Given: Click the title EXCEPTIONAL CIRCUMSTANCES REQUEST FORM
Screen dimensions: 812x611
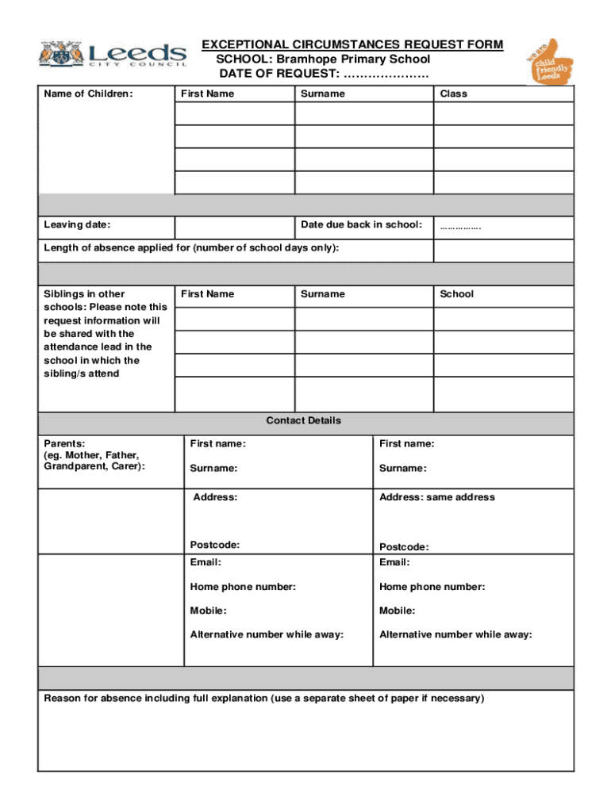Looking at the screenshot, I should tap(352, 44).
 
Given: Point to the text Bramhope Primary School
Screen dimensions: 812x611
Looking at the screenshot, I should tap(353, 59).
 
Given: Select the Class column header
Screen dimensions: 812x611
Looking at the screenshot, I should tap(454, 94).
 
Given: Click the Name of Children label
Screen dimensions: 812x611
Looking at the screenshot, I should tap(88, 94).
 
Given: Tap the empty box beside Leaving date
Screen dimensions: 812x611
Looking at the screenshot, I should tap(235, 228).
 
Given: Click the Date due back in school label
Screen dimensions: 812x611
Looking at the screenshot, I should tap(361, 225).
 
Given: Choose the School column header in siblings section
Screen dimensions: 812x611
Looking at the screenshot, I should tap(456, 294).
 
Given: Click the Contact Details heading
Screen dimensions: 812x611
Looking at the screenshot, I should tap(304, 421).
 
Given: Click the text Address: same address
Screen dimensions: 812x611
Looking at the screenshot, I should tap(436, 497).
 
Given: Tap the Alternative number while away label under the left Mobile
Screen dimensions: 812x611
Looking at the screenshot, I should tap(267, 634).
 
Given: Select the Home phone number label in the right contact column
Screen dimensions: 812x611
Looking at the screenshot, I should tap(432, 587).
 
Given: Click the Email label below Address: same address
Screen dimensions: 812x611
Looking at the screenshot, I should tap(394, 562).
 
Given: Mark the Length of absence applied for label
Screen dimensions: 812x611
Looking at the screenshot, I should tap(191, 248).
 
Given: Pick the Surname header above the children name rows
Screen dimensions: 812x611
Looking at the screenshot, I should tap(323, 94).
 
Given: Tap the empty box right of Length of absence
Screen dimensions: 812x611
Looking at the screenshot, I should tap(502, 251).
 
